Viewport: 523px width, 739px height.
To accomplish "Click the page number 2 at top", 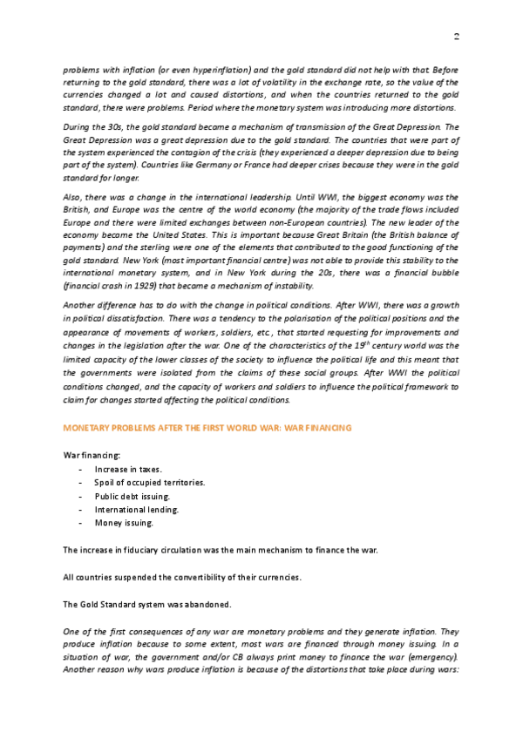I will [x=456, y=36].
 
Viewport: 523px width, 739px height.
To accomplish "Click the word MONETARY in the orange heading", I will [x=89, y=429].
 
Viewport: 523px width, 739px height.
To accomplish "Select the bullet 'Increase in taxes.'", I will [x=128, y=469].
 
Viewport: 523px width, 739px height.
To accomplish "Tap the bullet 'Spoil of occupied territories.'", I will [x=149, y=482].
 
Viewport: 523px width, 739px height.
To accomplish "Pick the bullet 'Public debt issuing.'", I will [x=132, y=496].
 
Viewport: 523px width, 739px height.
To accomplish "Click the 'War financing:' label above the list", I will [x=92, y=455].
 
